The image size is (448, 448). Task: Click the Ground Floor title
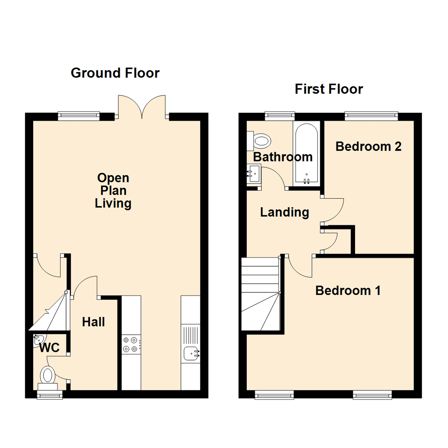115,73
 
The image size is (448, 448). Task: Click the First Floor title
329,89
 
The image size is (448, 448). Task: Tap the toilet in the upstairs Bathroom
259,141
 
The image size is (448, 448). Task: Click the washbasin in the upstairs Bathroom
254,173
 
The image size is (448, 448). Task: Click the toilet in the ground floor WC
48,379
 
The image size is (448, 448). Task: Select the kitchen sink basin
191,353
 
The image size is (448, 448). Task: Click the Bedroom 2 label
368,146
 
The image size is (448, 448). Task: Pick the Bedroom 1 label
348,290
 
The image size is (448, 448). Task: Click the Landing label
285,212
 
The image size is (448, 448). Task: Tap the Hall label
93,322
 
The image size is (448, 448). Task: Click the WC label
49,348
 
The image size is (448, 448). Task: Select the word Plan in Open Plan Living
113,190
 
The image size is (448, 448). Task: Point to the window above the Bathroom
280,116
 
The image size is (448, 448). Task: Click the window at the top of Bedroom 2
371,116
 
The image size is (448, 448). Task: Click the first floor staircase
261,294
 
